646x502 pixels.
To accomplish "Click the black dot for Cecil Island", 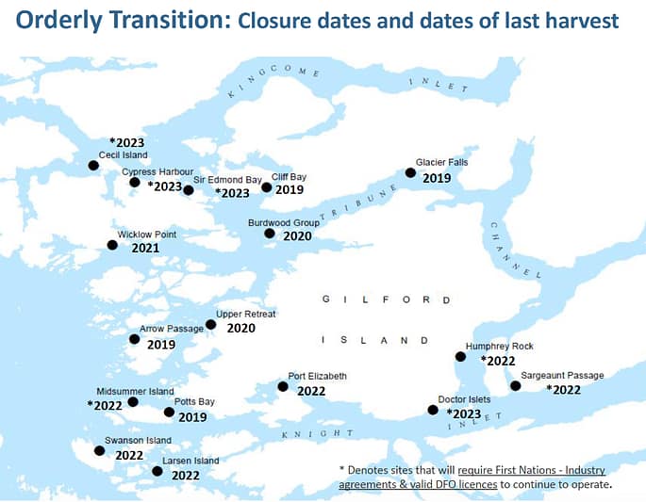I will [93, 166].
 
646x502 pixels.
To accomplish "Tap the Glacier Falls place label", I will [441, 162].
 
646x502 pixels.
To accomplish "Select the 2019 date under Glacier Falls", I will [437, 178].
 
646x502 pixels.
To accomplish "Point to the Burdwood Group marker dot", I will [270, 234].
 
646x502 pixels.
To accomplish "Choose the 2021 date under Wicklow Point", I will [145, 249].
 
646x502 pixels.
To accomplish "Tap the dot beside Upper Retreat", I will [210, 325].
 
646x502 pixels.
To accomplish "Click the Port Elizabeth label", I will [317, 376].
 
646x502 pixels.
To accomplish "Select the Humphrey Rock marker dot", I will [460, 356].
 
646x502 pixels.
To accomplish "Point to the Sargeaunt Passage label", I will [562, 375].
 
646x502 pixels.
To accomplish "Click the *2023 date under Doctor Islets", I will [463, 414].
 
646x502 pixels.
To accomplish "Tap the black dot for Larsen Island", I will [157, 471].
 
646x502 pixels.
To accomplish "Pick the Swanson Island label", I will [138, 440].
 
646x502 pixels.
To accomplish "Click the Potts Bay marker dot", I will [169, 412].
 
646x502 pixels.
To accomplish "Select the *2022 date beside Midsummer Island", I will [105, 406].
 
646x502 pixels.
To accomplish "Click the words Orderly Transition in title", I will [116, 19].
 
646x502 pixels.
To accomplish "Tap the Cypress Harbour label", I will [157, 171].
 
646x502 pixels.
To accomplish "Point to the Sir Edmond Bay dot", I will [188, 190].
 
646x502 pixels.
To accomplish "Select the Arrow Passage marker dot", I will [134, 339].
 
